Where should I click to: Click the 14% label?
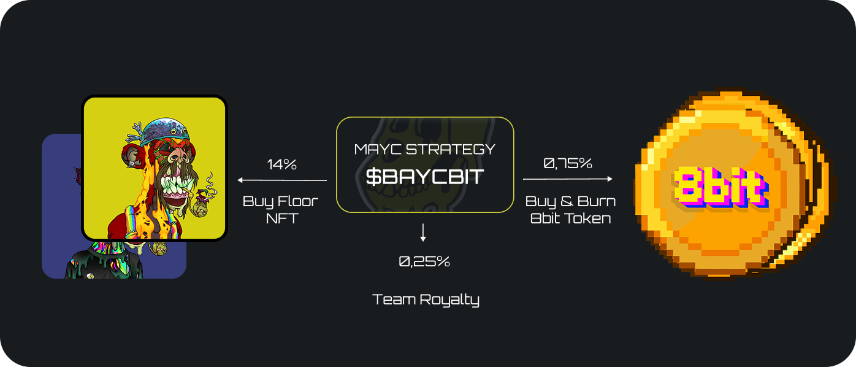click(x=282, y=164)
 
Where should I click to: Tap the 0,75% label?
click(x=568, y=164)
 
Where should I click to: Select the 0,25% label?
click(x=424, y=261)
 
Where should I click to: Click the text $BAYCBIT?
click(x=424, y=177)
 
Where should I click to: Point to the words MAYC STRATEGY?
click(x=424, y=149)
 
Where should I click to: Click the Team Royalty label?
click(x=426, y=299)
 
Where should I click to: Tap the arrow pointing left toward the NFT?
click(x=282, y=180)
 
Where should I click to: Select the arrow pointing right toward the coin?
click(x=568, y=179)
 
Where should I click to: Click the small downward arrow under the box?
click(x=423, y=233)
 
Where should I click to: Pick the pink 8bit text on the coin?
click(x=721, y=185)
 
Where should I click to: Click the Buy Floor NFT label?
click(x=281, y=209)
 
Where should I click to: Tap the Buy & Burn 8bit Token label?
click(x=570, y=209)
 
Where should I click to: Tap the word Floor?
click(x=298, y=201)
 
